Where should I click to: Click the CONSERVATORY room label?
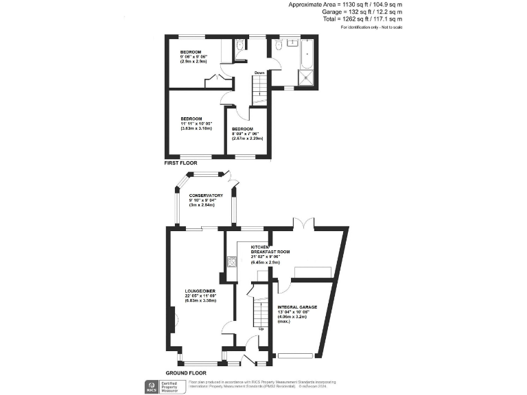(207, 195)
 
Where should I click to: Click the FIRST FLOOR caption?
(180, 164)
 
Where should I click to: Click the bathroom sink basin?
(293, 43)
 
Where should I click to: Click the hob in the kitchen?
(231, 261)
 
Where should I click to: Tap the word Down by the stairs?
(259, 73)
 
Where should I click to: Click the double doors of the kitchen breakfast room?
(304, 224)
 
